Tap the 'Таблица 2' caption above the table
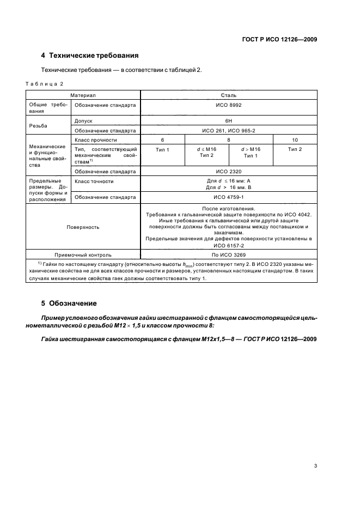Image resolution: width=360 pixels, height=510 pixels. (45, 83)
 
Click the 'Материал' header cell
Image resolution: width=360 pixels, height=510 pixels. (83, 95)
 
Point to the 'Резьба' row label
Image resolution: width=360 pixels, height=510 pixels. (38, 125)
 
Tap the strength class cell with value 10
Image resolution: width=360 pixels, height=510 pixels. (295, 140)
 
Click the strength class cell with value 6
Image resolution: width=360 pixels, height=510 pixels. (162, 140)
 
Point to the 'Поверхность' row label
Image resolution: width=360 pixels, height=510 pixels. (83, 227)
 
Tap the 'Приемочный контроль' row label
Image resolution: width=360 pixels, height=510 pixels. (83, 254)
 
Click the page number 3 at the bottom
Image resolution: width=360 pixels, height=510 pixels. (315, 465)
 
